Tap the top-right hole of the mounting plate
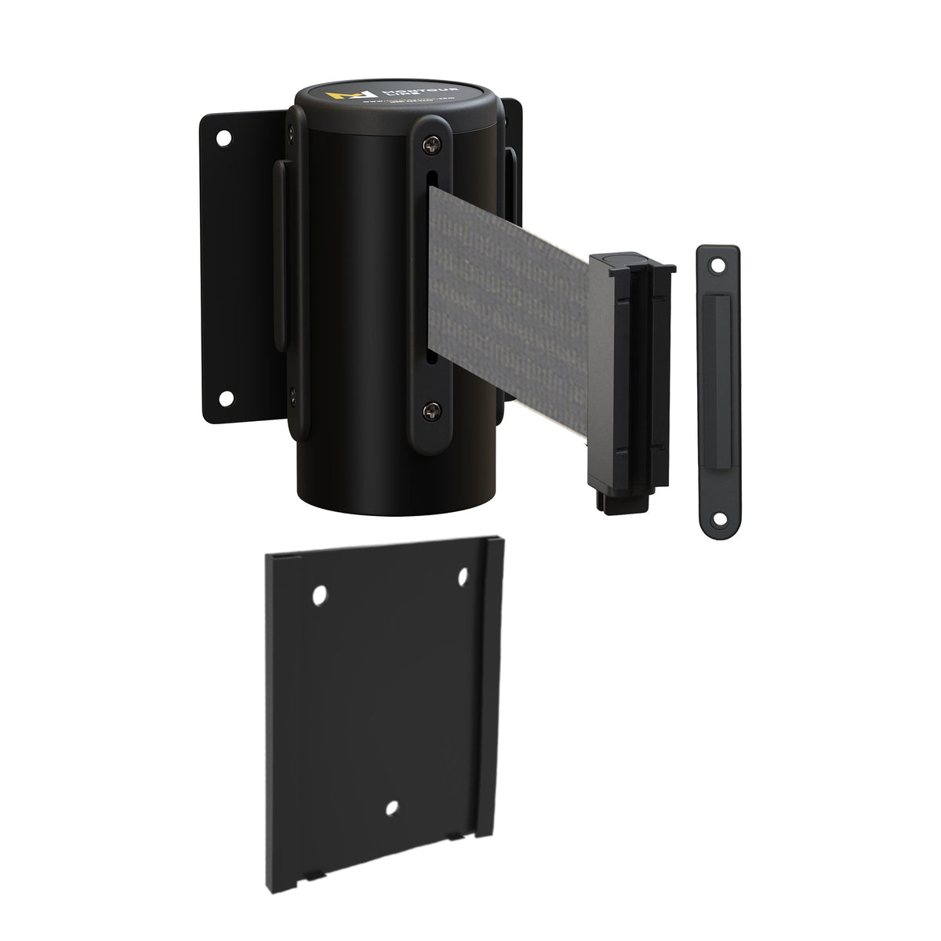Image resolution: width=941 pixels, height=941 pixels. (x=463, y=579)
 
